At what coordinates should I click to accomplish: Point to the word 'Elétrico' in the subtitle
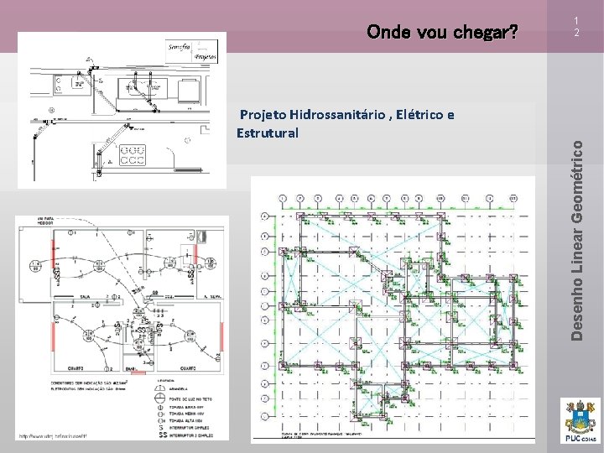(430, 115)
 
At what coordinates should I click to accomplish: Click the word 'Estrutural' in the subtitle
(268, 132)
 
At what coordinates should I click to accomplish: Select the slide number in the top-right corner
(577, 27)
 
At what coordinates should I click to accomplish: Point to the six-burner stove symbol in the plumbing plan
(134, 154)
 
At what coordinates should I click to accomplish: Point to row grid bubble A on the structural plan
(265, 216)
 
